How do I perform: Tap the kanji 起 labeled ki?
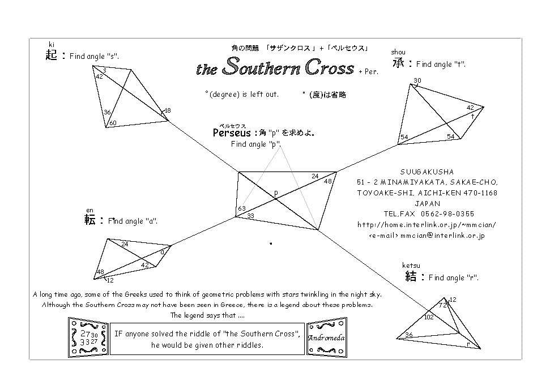click(x=52, y=55)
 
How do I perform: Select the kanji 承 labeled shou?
click(x=398, y=63)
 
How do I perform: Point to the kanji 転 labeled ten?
click(x=89, y=220)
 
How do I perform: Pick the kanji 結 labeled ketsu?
click(x=411, y=276)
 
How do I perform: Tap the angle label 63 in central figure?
click(x=242, y=209)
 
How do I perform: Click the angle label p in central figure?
click(x=276, y=193)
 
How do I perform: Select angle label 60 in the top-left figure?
click(x=113, y=123)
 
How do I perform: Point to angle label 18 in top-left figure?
click(x=167, y=110)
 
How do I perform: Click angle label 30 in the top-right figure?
click(x=417, y=80)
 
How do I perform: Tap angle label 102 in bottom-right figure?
click(x=429, y=317)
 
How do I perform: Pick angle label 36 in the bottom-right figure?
click(x=408, y=335)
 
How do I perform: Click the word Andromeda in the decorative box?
click(x=326, y=338)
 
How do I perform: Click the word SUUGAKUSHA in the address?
click(x=427, y=172)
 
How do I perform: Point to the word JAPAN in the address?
click(x=427, y=203)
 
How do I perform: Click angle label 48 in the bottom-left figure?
click(x=100, y=272)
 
